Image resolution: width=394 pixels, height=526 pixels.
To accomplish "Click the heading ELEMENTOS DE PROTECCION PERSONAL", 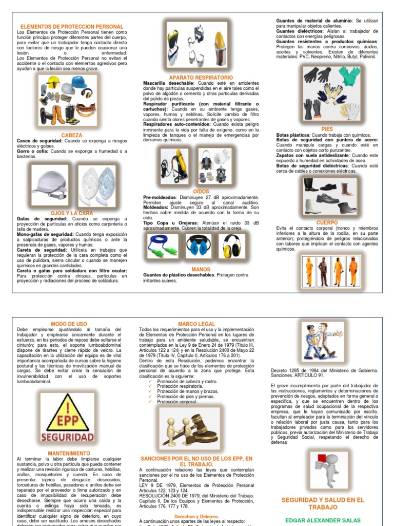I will pos(71,27).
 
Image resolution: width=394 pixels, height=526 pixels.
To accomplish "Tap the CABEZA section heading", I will pos(71,135).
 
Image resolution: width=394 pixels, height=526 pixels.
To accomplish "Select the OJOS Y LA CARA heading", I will pos(71,212).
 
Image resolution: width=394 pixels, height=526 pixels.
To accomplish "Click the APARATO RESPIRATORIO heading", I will pos(200,77).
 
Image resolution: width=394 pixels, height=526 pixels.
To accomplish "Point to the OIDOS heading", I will pos(201,191).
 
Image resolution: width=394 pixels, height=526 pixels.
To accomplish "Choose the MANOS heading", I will pos(201,269).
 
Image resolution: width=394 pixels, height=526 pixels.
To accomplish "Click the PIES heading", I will pos(327,129).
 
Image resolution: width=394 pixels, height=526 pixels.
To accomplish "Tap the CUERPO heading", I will pos(327,222).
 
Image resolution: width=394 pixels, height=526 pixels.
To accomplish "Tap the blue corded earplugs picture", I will pos(163,246).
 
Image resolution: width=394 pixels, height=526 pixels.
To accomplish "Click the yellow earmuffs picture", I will pos(232,246).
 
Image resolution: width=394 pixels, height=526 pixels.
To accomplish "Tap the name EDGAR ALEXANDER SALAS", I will pos(323,520).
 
